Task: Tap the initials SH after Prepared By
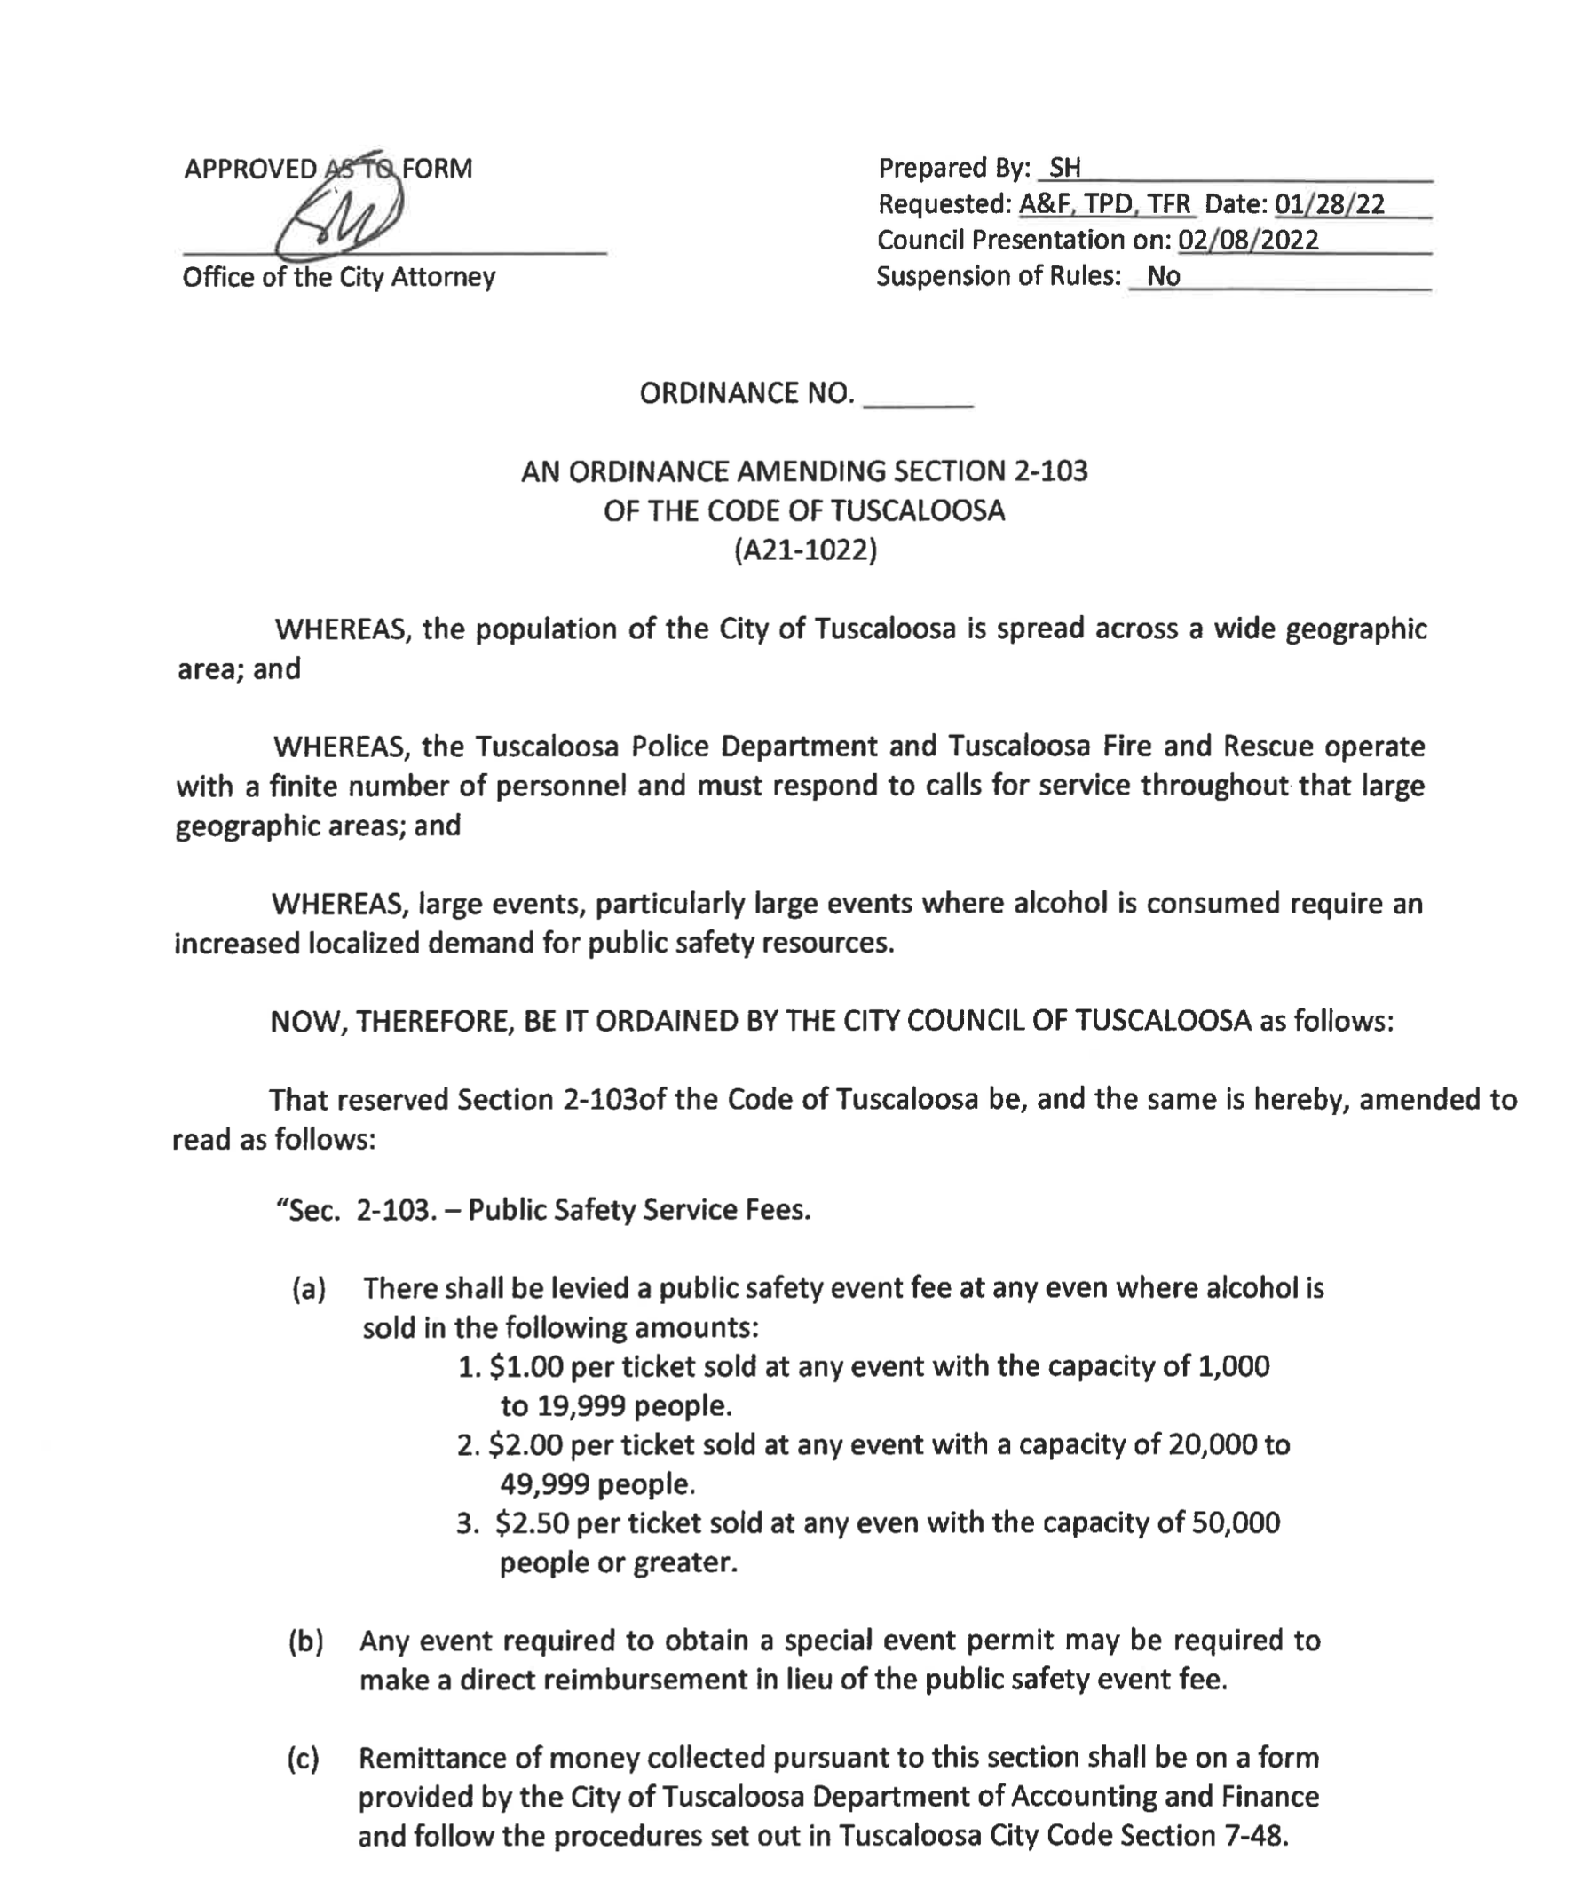[x=1065, y=168]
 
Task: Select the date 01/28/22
[x=1330, y=204]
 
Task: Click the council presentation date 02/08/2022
[x=1248, y=240]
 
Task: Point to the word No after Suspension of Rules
[x=1164, y=276]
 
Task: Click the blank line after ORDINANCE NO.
[x=919, y=395]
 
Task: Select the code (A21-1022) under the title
[x=804, y=550]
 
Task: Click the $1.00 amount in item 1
[x=526, y=1366]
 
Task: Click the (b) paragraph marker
[x=305, y=1641]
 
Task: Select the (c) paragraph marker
[x=304, y=1758]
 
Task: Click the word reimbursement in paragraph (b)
[x=659, y=1681]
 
